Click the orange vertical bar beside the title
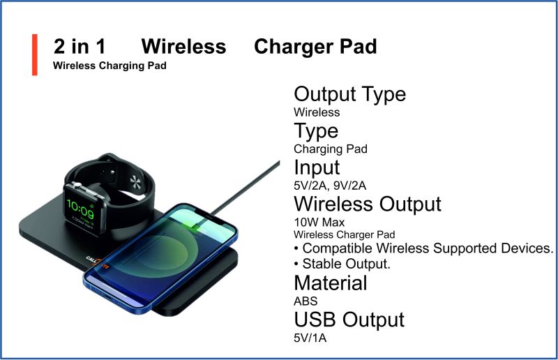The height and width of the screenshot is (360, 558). (x=34, y=55)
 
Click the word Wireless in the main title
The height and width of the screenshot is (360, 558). (x=183, y=47)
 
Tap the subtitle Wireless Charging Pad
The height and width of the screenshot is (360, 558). (x=110, y=66)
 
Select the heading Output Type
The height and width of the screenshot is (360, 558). (x=350, y=95)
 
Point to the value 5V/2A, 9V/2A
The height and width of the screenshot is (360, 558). (x=330, y=186)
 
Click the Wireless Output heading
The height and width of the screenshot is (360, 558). (x=368, y=204)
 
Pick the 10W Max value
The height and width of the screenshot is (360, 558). (x=319, y=223)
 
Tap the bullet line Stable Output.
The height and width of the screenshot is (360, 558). (x=342, y=264)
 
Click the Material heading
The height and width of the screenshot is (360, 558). (x=331, y=283)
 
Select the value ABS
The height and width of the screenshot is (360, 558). (x=306, y=301)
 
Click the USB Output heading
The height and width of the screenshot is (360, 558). (x=349, y=320)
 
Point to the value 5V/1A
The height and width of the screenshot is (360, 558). (x=310, y=338)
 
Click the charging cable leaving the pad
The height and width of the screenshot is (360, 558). (x=246, y=188)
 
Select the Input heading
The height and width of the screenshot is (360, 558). (x=317, y=167)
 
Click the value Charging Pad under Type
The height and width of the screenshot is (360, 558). (x=331, y=149)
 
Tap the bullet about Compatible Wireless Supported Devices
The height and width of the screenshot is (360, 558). (x=423, y=248)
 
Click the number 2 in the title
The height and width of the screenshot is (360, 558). (x=59, y=47)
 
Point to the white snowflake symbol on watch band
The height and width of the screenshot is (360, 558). (x=135, y=182)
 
